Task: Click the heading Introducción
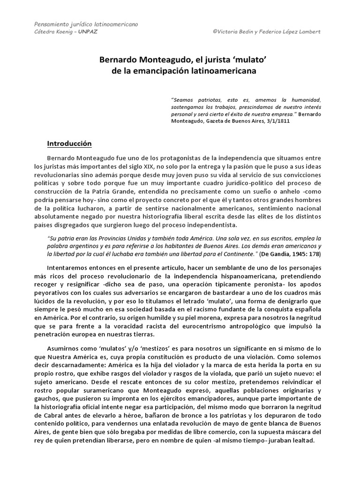tap(69, 143)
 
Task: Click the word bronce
tap(150, 415)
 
